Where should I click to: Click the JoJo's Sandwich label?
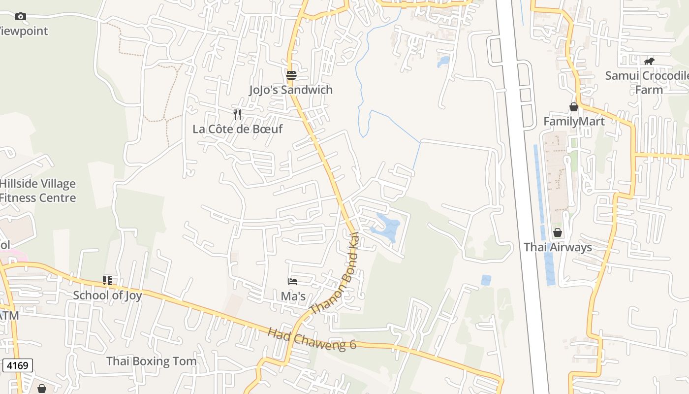point(291,90)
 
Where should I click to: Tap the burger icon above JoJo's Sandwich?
point(291,75)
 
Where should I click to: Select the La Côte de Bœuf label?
point(238,129)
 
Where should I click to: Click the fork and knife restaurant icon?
point(238,115)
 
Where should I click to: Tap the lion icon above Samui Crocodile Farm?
point(649,62)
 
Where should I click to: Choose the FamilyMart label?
point(574,121)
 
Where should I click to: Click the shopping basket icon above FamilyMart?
point(574,107)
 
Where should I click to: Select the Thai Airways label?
point(558,247)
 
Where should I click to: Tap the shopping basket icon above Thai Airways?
point(558,232)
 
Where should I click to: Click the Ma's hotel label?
point(293,296)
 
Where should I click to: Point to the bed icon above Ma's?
point(293,282)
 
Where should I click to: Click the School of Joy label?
point(107,295)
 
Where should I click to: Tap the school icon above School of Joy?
point(107,281)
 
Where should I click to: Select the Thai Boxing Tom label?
point(152,361)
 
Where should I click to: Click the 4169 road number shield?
point(18,365)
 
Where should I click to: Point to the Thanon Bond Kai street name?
point(335,276)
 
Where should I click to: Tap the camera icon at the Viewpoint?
point(20,17)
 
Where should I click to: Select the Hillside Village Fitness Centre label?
point(38,191)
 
